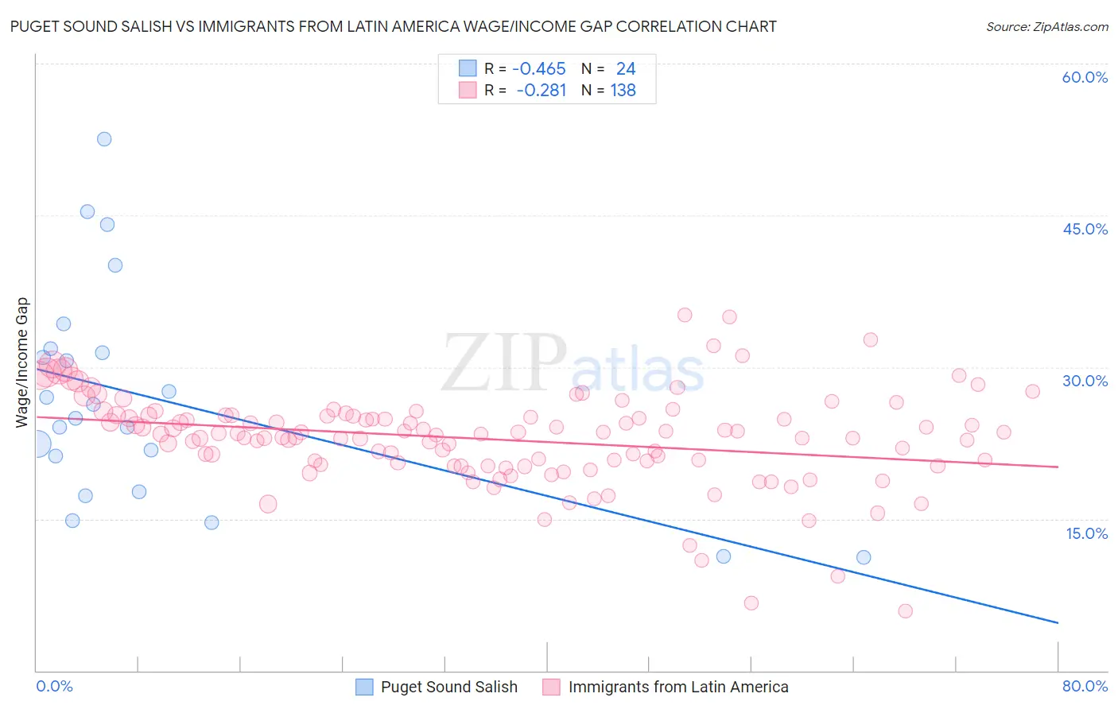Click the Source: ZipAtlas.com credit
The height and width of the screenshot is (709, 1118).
[x=1046, y=27]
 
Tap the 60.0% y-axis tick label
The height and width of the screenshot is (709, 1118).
[x=1085, y=77]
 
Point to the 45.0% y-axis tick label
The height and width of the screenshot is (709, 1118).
[x=1085, y=229]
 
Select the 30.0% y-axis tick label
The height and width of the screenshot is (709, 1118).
[x=1085, y=381]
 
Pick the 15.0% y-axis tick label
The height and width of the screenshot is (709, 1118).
[x=1086, y=533]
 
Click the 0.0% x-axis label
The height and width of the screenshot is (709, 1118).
[x=54, y=686]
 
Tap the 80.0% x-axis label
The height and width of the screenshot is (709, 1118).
[x=1085, y=686]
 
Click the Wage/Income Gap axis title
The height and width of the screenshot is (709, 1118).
[x=22, y=362]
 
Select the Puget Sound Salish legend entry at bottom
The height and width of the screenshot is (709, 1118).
[x=448, y=687]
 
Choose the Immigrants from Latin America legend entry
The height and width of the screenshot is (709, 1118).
[x=677, y=687]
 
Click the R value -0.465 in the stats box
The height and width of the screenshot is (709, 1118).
[x=538, y=69]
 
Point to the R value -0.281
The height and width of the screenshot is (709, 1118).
[x=541, y=91]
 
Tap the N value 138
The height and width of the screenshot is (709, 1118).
[x=623, y=91]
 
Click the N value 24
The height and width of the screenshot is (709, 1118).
[x=625, y=69]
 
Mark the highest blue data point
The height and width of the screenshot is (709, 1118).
[x=104, y=139]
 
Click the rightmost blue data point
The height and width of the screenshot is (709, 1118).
[x=864, y=557]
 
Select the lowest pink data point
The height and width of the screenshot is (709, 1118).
[x=905, y=611]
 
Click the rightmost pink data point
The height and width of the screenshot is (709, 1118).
[x=1032, y=391]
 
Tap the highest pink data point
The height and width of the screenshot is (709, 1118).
[x=685, y=315]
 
